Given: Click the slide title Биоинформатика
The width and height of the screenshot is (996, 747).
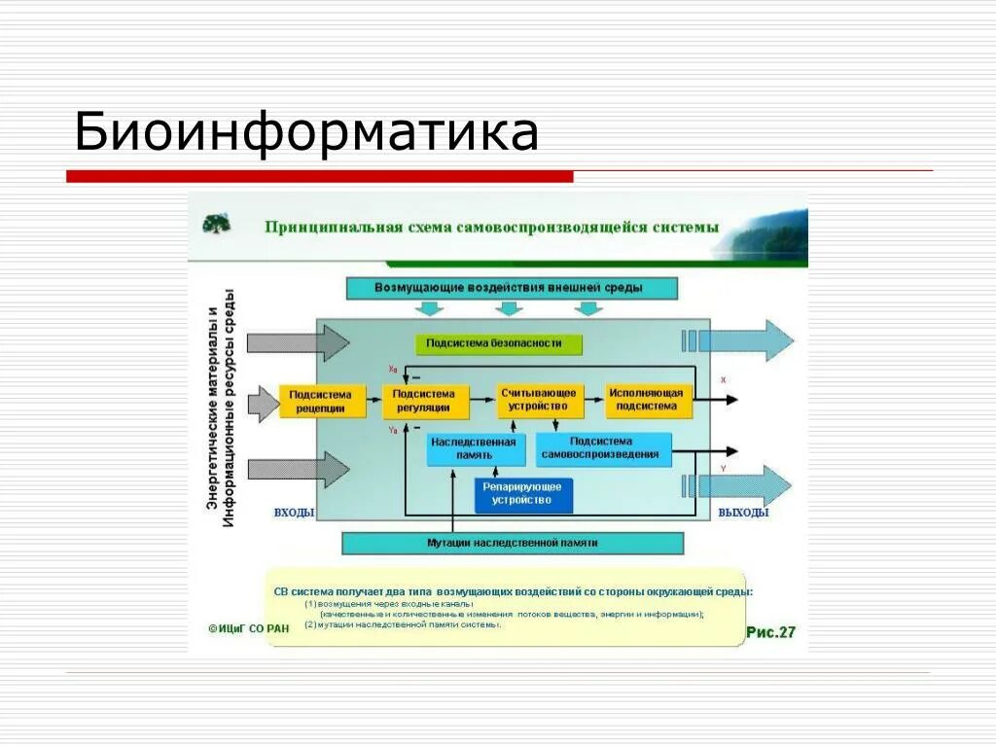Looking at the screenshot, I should tap(305, 132).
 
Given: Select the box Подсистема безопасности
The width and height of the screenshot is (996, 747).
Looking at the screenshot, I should tap(501, 343).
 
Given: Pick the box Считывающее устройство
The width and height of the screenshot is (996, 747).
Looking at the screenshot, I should tap(538, 400).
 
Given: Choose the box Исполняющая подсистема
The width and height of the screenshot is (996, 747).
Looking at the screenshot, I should tap(648, 400).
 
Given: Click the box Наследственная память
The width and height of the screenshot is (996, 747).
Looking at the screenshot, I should tap(474, 448).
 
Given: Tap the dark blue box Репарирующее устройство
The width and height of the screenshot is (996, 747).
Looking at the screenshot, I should tap(523, 494).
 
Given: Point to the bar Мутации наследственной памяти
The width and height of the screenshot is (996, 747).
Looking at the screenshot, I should tap(513, 543).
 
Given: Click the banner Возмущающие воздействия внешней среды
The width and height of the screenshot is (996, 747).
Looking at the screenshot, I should tap(512, 288).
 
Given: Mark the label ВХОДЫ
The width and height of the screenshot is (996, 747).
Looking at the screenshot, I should tap(294, 513).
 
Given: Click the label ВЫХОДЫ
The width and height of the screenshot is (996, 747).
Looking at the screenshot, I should tap(743, 513).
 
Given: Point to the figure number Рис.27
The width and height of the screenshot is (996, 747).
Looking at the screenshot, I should tap(770, 632).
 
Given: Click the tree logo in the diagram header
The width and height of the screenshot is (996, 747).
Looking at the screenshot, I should tap(216, 224).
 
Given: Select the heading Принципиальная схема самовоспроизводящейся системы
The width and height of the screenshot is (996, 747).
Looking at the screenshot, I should tap(491, 227).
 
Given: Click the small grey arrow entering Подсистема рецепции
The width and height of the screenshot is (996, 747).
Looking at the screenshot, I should tap(264, 404).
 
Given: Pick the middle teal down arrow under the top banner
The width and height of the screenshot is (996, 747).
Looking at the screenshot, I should tap(509, 308).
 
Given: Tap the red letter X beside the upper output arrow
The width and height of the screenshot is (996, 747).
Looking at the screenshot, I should tap(723, 379).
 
